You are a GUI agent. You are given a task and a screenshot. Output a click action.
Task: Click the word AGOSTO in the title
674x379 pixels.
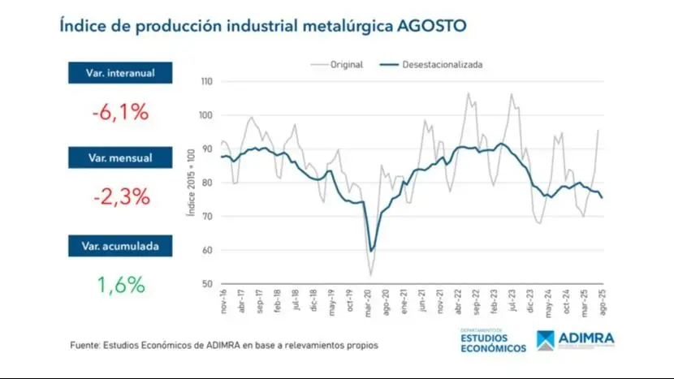[x=431, y=24]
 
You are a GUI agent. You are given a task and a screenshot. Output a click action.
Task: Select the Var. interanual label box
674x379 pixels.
[x=120, y=74]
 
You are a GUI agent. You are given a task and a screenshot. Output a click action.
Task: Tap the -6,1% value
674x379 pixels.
[x=120, y=112]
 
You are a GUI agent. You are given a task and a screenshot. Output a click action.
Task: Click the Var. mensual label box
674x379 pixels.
[x=120, y=157]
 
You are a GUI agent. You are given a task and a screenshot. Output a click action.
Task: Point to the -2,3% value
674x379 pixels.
[x=120, y=196]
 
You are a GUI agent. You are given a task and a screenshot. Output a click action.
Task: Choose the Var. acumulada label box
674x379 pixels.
[x=120, y=245]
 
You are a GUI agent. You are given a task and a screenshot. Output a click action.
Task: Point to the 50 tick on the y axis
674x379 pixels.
[x=207, y=284]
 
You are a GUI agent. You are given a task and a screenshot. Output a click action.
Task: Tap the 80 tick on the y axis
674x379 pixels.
[x=207, y=183]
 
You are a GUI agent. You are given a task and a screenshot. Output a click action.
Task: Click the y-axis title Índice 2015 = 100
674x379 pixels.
[x=192, y=183]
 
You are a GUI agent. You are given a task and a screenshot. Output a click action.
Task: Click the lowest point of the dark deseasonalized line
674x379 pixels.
[x=372, y=251]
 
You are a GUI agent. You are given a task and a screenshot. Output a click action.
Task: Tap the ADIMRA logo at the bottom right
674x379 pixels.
[x=576, y=339]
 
